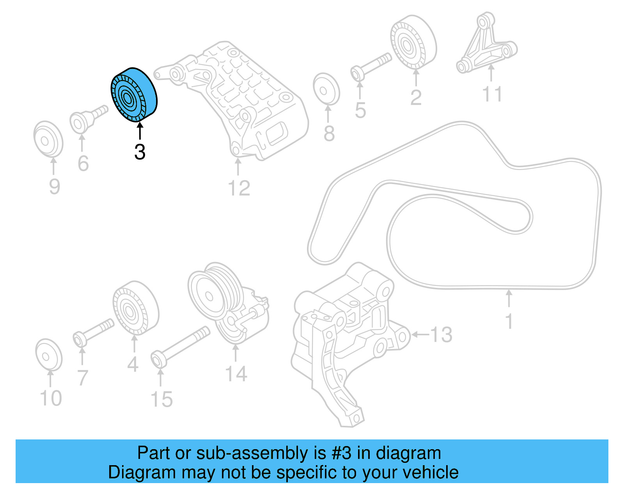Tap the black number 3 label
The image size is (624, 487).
pyautogui.click(x=140, y=152)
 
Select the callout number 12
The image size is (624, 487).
pyautogui.click(x=239, y=188)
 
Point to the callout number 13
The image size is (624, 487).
pyautogui.click(x=441, y=335)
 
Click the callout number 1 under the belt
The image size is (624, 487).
pyautogui.click(x=509, y=321)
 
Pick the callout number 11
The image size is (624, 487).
pyautogui.click(x=492, y=94)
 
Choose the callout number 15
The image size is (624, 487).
pyautogui.click(x=161, y=399)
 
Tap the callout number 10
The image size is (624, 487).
pyautogui.click(x=51, y=398)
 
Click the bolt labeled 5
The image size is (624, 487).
pyautogui.click(x=371, y=66)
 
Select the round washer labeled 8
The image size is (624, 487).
pyautogui.click(x=326, y=90)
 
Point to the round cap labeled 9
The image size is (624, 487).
pyautogui.click(x=48, y=138)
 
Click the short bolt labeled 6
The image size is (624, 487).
pyautogui.click(x=88, y=118)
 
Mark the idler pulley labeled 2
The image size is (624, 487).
pyautogui.click(x=413, y=43)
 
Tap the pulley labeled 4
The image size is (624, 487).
pyautogui.click(x=135, y=308)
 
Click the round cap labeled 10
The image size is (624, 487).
pyautogui.click(x=49, y=355)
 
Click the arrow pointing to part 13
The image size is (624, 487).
pyautogui.click(x=420, y=335)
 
